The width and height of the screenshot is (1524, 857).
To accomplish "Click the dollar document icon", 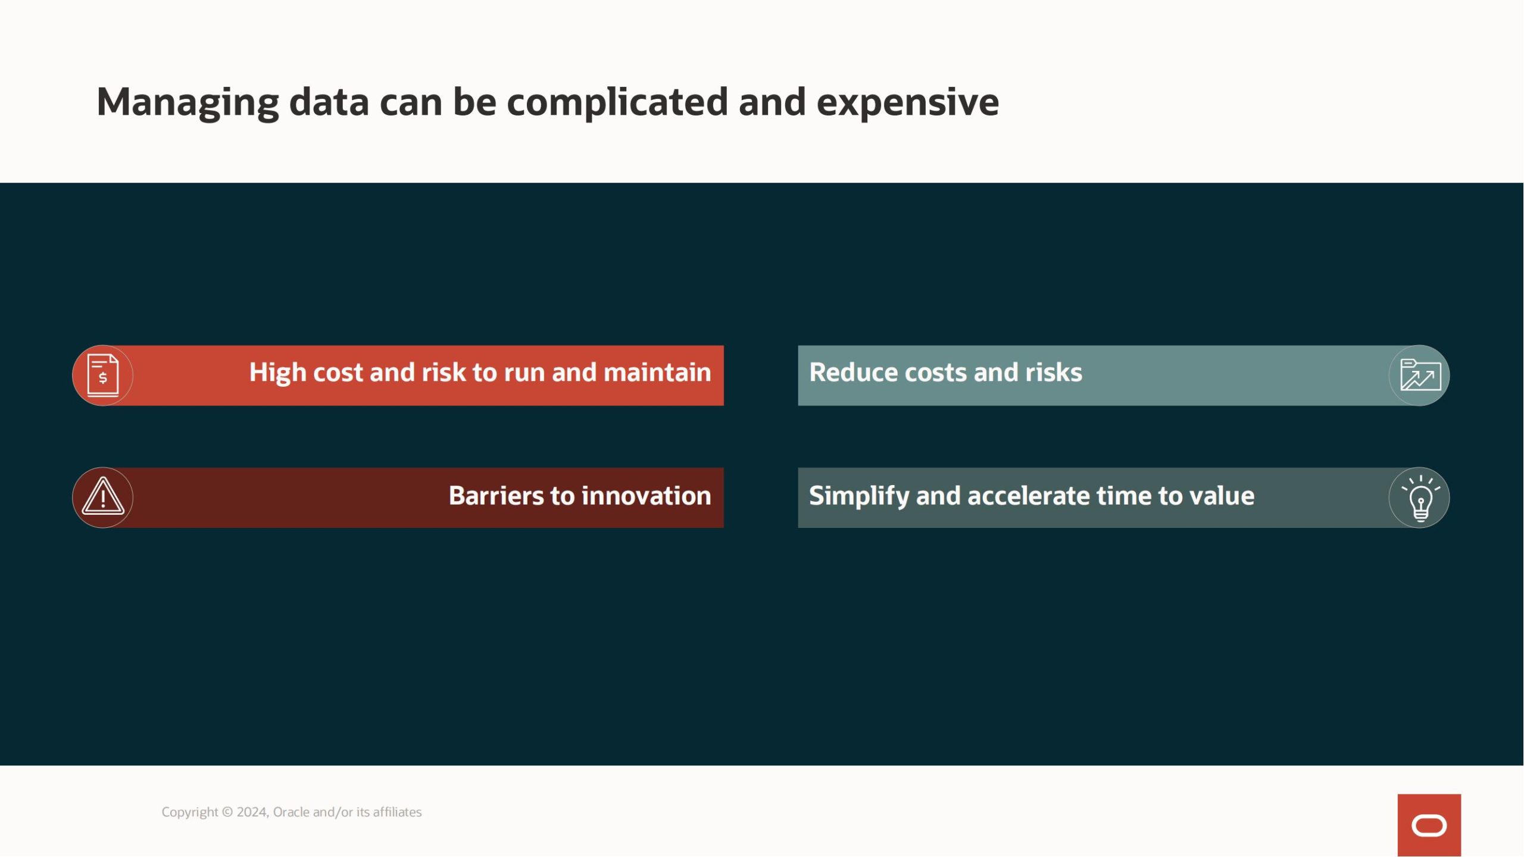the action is (102, 376).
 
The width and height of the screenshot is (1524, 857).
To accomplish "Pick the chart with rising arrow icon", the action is (1420, 375).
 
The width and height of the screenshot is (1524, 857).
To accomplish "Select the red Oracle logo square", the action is (1429, 825).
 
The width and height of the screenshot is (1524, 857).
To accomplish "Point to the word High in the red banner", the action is (277, 373).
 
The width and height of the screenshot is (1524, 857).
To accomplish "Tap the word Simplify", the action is (859, 496).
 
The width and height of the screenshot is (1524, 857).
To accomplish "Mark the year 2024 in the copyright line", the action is (252, 812).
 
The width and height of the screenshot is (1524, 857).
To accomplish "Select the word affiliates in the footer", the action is (397, 812).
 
